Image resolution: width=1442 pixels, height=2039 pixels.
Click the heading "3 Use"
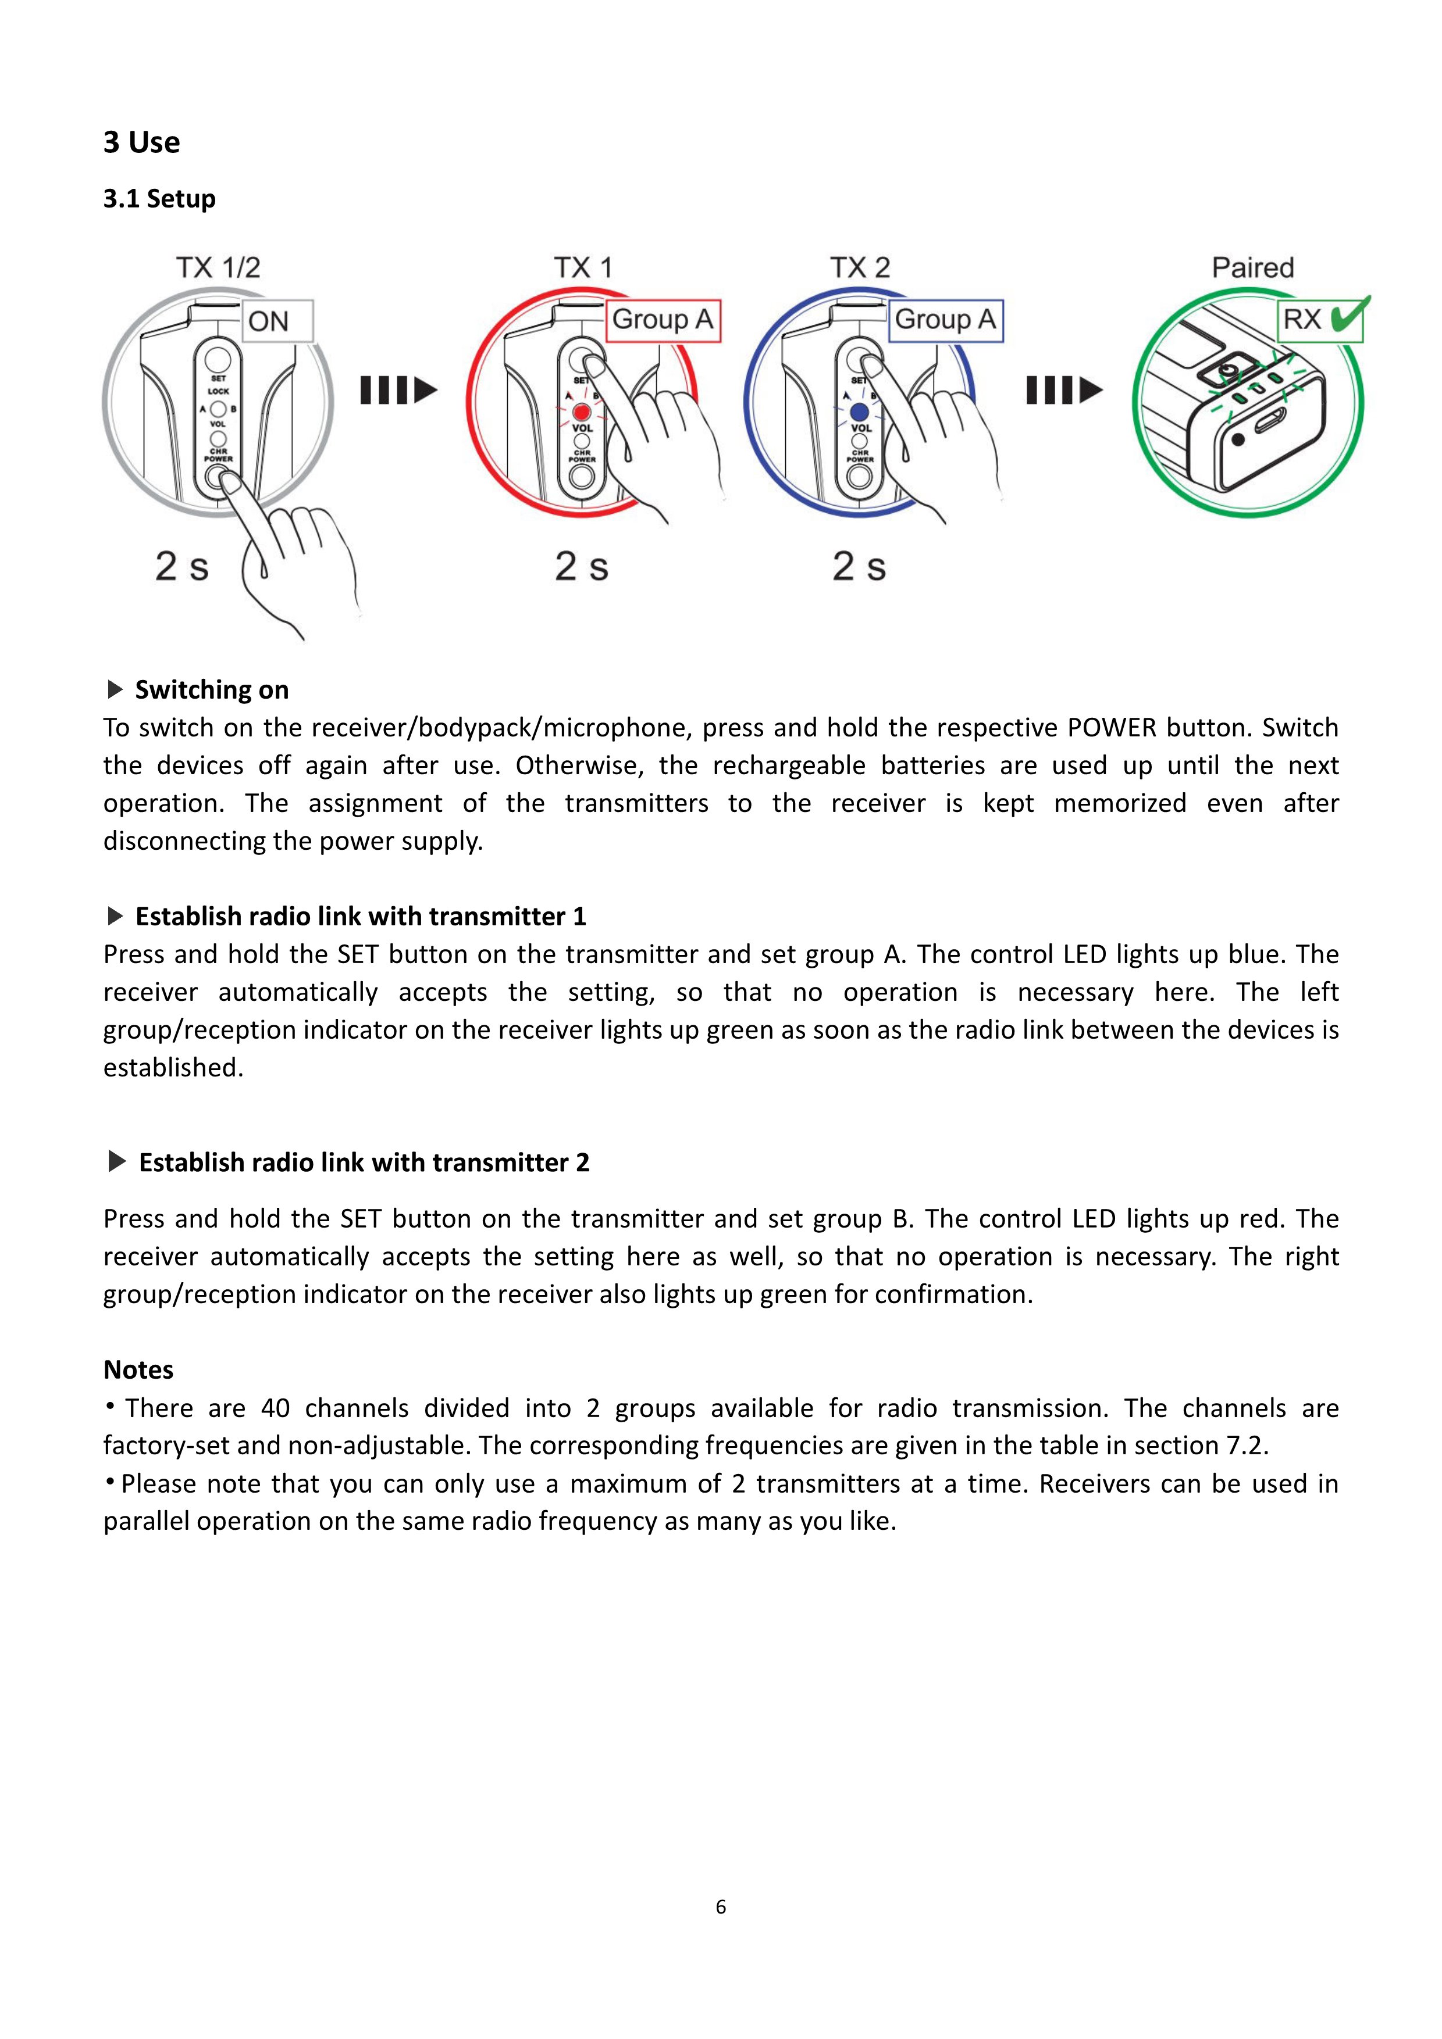pyautogui.click(x=141, y=142)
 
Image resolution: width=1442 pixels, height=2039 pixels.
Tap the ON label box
pyautogui.click(x=277, y=321)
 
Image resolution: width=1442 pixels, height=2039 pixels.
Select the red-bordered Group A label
pyautogui.click(x=663, y=320)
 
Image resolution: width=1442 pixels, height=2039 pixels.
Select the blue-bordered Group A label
pyautogui.click(x=945, y=320)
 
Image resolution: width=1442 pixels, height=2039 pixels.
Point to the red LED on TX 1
pyautogui.click(x=582, y=413)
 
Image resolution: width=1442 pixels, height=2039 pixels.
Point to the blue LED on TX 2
pyautogui.click(x=859, y=413)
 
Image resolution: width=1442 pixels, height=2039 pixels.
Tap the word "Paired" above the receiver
pyautogui.click(x=1253, y=267)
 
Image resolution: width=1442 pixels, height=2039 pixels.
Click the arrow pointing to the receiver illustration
pyautogui.click(x=1064, y=390)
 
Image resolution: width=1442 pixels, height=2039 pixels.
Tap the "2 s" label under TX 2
pyautogui.click(x=859, y=566)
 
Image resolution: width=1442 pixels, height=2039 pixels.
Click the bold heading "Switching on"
pyautogui.click(x=212, y=690)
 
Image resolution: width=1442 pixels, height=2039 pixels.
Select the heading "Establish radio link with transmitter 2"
pyautogui.click(x=364, y=1162)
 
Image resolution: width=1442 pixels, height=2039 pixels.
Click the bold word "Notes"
pyautogui.click(x=138, y=1369)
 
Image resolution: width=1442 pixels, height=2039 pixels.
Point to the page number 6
pyautogui.click(x=721, y=1906)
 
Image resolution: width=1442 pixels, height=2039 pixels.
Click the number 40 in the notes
pyautogui.click(x=275, y=1408)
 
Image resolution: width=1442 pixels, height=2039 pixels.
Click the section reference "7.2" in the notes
pyautogui.click(x=1245, y=1446)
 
